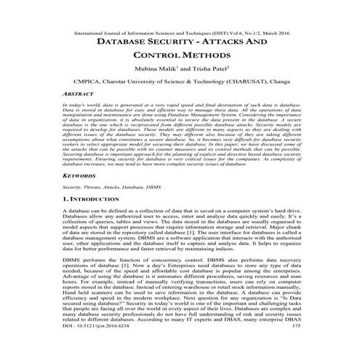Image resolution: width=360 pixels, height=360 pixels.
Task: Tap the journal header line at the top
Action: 180,33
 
